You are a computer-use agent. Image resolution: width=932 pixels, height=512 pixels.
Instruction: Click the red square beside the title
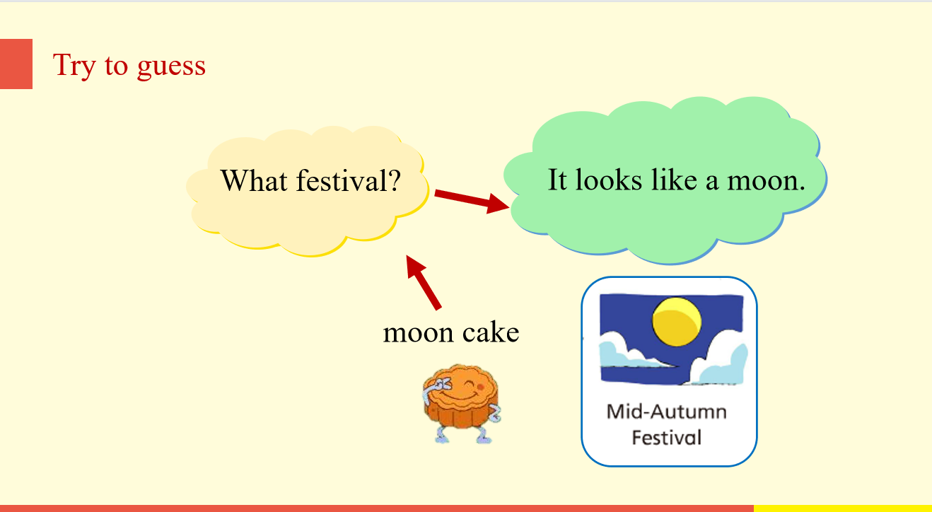pyautogui.click(x=16, y=64)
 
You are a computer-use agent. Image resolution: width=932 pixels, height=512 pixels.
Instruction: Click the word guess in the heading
pyautogui.click(x=171, y=66)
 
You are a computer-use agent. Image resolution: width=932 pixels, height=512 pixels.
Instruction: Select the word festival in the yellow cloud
pyautogui.click(x=338, y=180)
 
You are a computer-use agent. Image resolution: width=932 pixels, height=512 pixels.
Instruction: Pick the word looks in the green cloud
pyautogui.click(x=609, y=180)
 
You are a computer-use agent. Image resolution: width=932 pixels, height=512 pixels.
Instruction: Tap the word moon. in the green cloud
pyautogui.click(x=766, y=180)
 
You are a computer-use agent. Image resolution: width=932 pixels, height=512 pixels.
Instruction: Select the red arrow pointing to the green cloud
pyautogui.click(x=472, y=200)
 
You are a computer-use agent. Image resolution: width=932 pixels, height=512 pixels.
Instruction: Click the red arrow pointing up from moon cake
pyautogui.click(x=424, y=282)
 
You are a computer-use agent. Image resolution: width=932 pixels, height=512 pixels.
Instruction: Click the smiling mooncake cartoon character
pyautogui.click(x=462, y=403)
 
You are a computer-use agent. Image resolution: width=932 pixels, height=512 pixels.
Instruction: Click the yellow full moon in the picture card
pyautogui.click(x=677, y=322)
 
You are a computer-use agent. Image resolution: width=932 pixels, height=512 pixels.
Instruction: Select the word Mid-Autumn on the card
pyautogui.click(x=667, y=412)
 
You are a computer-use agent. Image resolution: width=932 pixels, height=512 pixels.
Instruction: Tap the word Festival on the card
pyautogui.click(x=667, y=438)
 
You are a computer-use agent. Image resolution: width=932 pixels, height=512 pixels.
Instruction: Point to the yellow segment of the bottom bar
pyautogui.click(x=843, y=508)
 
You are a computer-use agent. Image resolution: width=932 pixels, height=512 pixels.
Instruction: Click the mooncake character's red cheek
pyautogui.click(x=481, y=387)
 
